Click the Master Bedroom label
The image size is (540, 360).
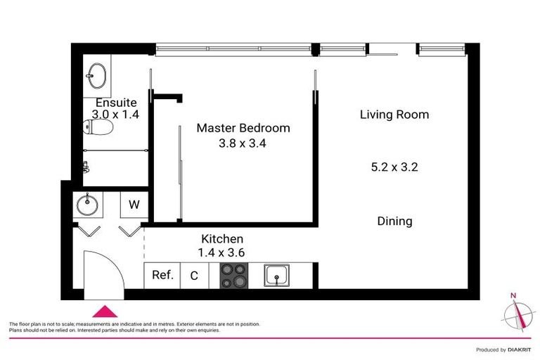pos(243,128)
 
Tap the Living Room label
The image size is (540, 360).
pos(394,115)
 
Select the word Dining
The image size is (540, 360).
pos(394,221)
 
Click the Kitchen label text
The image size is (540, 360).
pos(222,238)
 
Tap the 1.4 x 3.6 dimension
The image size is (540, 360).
pos(222,252)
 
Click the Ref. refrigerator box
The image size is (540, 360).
pos(162,276)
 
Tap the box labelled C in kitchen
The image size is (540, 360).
pos(194,276)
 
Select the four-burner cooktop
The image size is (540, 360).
pos(233,276)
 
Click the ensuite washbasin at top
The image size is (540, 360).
pos(96,73)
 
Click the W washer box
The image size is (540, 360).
pos(133,206)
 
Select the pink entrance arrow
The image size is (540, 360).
pos(105,311)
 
